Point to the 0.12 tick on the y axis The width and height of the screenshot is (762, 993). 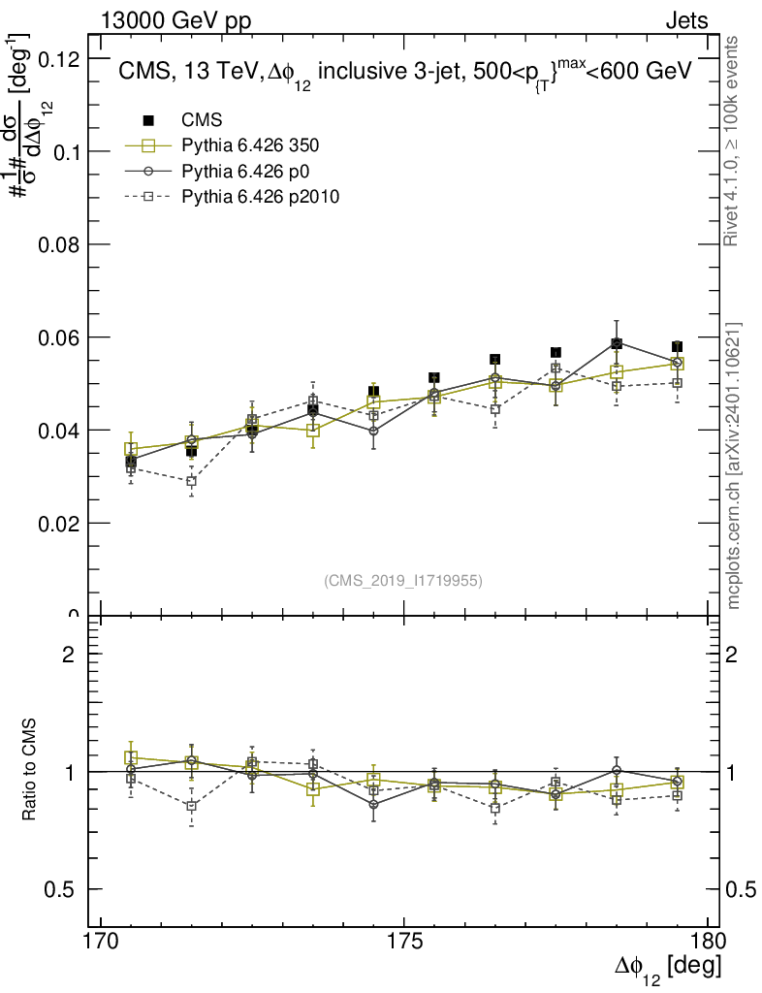coord(57,59)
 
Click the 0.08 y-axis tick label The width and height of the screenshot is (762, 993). coord(57,244)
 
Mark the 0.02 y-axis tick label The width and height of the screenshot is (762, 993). coord(57,523)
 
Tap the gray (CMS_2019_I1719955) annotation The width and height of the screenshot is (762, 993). coord(403,581)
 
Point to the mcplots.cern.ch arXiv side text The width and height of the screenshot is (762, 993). coord(734,465)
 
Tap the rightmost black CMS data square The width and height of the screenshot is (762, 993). coord(677,347)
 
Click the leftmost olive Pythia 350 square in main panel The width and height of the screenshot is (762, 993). coord(131,449)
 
